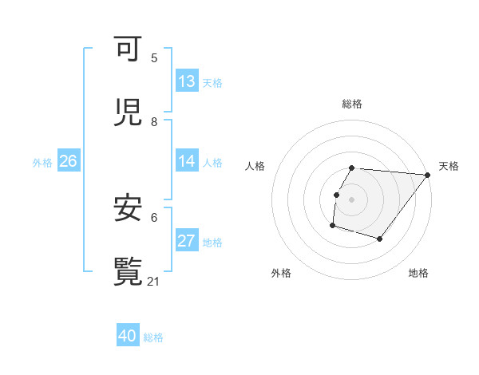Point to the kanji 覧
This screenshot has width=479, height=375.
pyautogui.click(x=129, y=271)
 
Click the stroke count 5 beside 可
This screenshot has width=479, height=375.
pyautogui.click(x=154, y=58)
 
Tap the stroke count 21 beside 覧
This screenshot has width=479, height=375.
pyautogui.click(x=155, y=281)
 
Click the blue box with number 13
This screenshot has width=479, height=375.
pyautogui.click(x=187, y=81)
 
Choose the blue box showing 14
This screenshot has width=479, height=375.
pyautogui.click(x=187, y=161)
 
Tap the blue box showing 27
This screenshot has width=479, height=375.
pyautogui.click(x=187, y=241)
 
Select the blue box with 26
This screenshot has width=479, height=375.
pyautogui.click(x=68, y=161)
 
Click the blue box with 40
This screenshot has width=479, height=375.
pyautogui.click(x=128, y=336)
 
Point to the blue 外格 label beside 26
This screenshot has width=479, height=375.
pyautogui.click(x=42, y=163)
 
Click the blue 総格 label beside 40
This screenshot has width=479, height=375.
pyautogui.click(x=153, y=337)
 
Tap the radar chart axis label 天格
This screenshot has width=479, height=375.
pyautogui.click(x=449, y=166)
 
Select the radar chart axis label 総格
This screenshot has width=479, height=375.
pyautogui.click(x=352, y=104)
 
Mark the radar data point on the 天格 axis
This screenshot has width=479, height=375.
pyautogui.click(x=428, y=175)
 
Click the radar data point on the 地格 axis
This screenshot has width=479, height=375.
pyautogui.click(x=380, y=239)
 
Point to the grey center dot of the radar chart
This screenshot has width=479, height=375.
pyautogui.click(x=352, y=199)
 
